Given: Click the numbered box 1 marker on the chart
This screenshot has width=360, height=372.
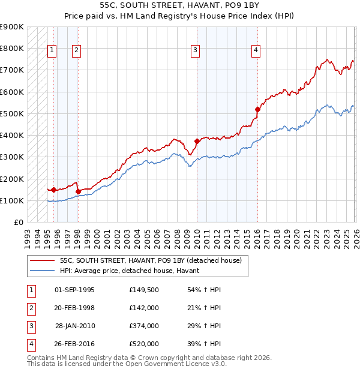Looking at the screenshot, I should pos(53,51).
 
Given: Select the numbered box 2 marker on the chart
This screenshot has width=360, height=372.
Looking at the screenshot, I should pos(77,51).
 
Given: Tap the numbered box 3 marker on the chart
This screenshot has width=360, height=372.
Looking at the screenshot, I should pos(196,51).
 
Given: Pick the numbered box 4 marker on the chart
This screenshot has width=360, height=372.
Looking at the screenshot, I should pos(256,51).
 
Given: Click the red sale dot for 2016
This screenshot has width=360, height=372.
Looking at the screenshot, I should pos(257,109).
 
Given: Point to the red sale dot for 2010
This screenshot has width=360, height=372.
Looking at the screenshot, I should pos(197,142).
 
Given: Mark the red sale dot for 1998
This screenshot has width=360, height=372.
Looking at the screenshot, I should pos(78,192).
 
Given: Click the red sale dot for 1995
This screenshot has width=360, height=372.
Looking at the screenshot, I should pos(54,190).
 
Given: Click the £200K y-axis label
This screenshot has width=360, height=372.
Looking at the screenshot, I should pos(12,179).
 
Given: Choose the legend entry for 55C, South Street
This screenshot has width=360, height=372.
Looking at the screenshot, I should pos(150,260).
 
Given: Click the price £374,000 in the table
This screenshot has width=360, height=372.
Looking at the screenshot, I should pos(143,326).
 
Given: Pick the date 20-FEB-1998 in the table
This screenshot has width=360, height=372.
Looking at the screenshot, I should pos(74,308).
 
